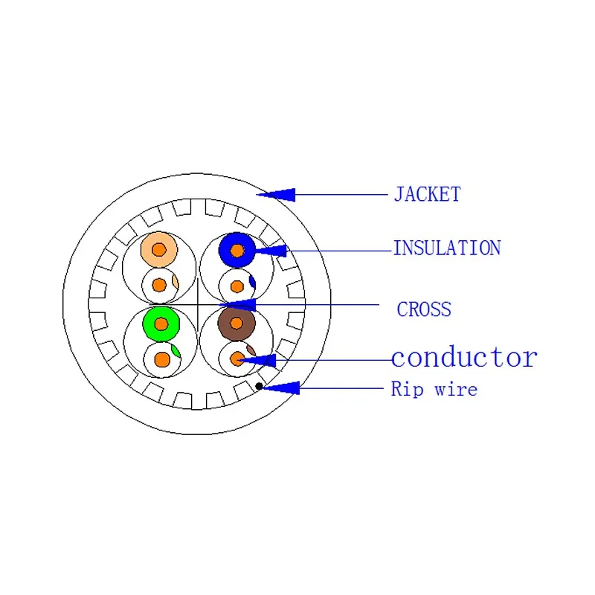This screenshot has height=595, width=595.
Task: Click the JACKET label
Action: tap(427, 194)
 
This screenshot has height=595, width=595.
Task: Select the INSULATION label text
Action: tap(447, 248)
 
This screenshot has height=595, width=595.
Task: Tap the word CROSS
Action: tap(424, 309)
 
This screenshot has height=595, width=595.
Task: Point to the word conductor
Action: tap(464, 358)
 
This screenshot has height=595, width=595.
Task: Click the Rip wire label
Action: tap(434, 389)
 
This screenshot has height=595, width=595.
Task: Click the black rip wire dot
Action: tap(259, 386)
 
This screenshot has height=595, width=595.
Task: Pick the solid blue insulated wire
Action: tap(237, 251)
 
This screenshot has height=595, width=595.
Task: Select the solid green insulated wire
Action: tap(161, 324)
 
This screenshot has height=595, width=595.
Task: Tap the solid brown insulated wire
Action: tap(237, 324)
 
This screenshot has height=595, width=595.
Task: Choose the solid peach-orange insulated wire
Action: tap(159, 249)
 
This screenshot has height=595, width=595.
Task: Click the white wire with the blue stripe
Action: tap(237, 286)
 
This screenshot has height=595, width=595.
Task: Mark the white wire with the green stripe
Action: tap(162, 359)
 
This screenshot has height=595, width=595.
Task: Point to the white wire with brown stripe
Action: tap(237, 358)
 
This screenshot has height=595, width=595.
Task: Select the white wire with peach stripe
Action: tap(160, 285)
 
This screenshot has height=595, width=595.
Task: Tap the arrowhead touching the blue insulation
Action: tap(271, 251)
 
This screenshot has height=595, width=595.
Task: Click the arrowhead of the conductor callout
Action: tap(257, 361)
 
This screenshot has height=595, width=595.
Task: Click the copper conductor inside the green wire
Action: tap(161, 324)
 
